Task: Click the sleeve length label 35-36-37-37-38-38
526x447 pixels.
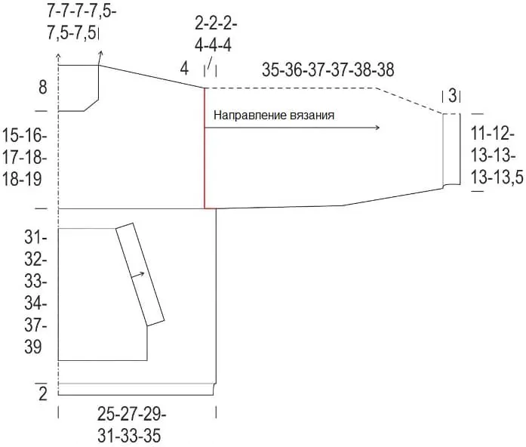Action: click(x=328, y=69)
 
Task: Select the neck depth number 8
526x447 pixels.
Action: click(x=42, y=88)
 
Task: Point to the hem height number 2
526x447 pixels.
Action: click(x=42, y=394)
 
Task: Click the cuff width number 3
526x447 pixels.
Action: click(x=452, y=96)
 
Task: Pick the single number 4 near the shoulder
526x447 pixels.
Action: click(x=184, y=69)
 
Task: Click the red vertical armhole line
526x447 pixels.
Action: click(x=205, y=148)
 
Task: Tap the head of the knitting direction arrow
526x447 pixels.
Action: click(x=377, y=127)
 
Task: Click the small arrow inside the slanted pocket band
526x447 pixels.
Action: click(x=138, y=275)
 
